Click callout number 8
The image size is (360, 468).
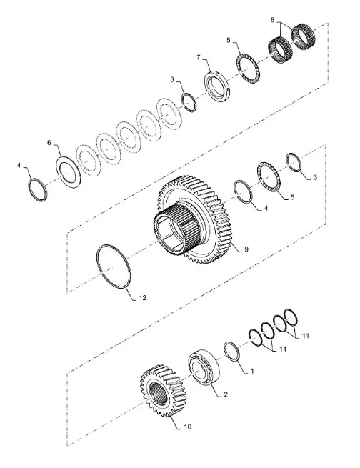tap(272, 20)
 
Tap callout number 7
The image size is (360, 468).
tap(199, 57)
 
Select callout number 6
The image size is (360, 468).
tap(49, 142)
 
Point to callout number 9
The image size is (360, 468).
tap(246, 249)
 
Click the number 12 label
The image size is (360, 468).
tap(143, 297)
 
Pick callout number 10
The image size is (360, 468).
tap(187, 427)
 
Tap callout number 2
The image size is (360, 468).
tap(226, 394)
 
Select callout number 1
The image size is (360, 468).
tap(252, 371)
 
